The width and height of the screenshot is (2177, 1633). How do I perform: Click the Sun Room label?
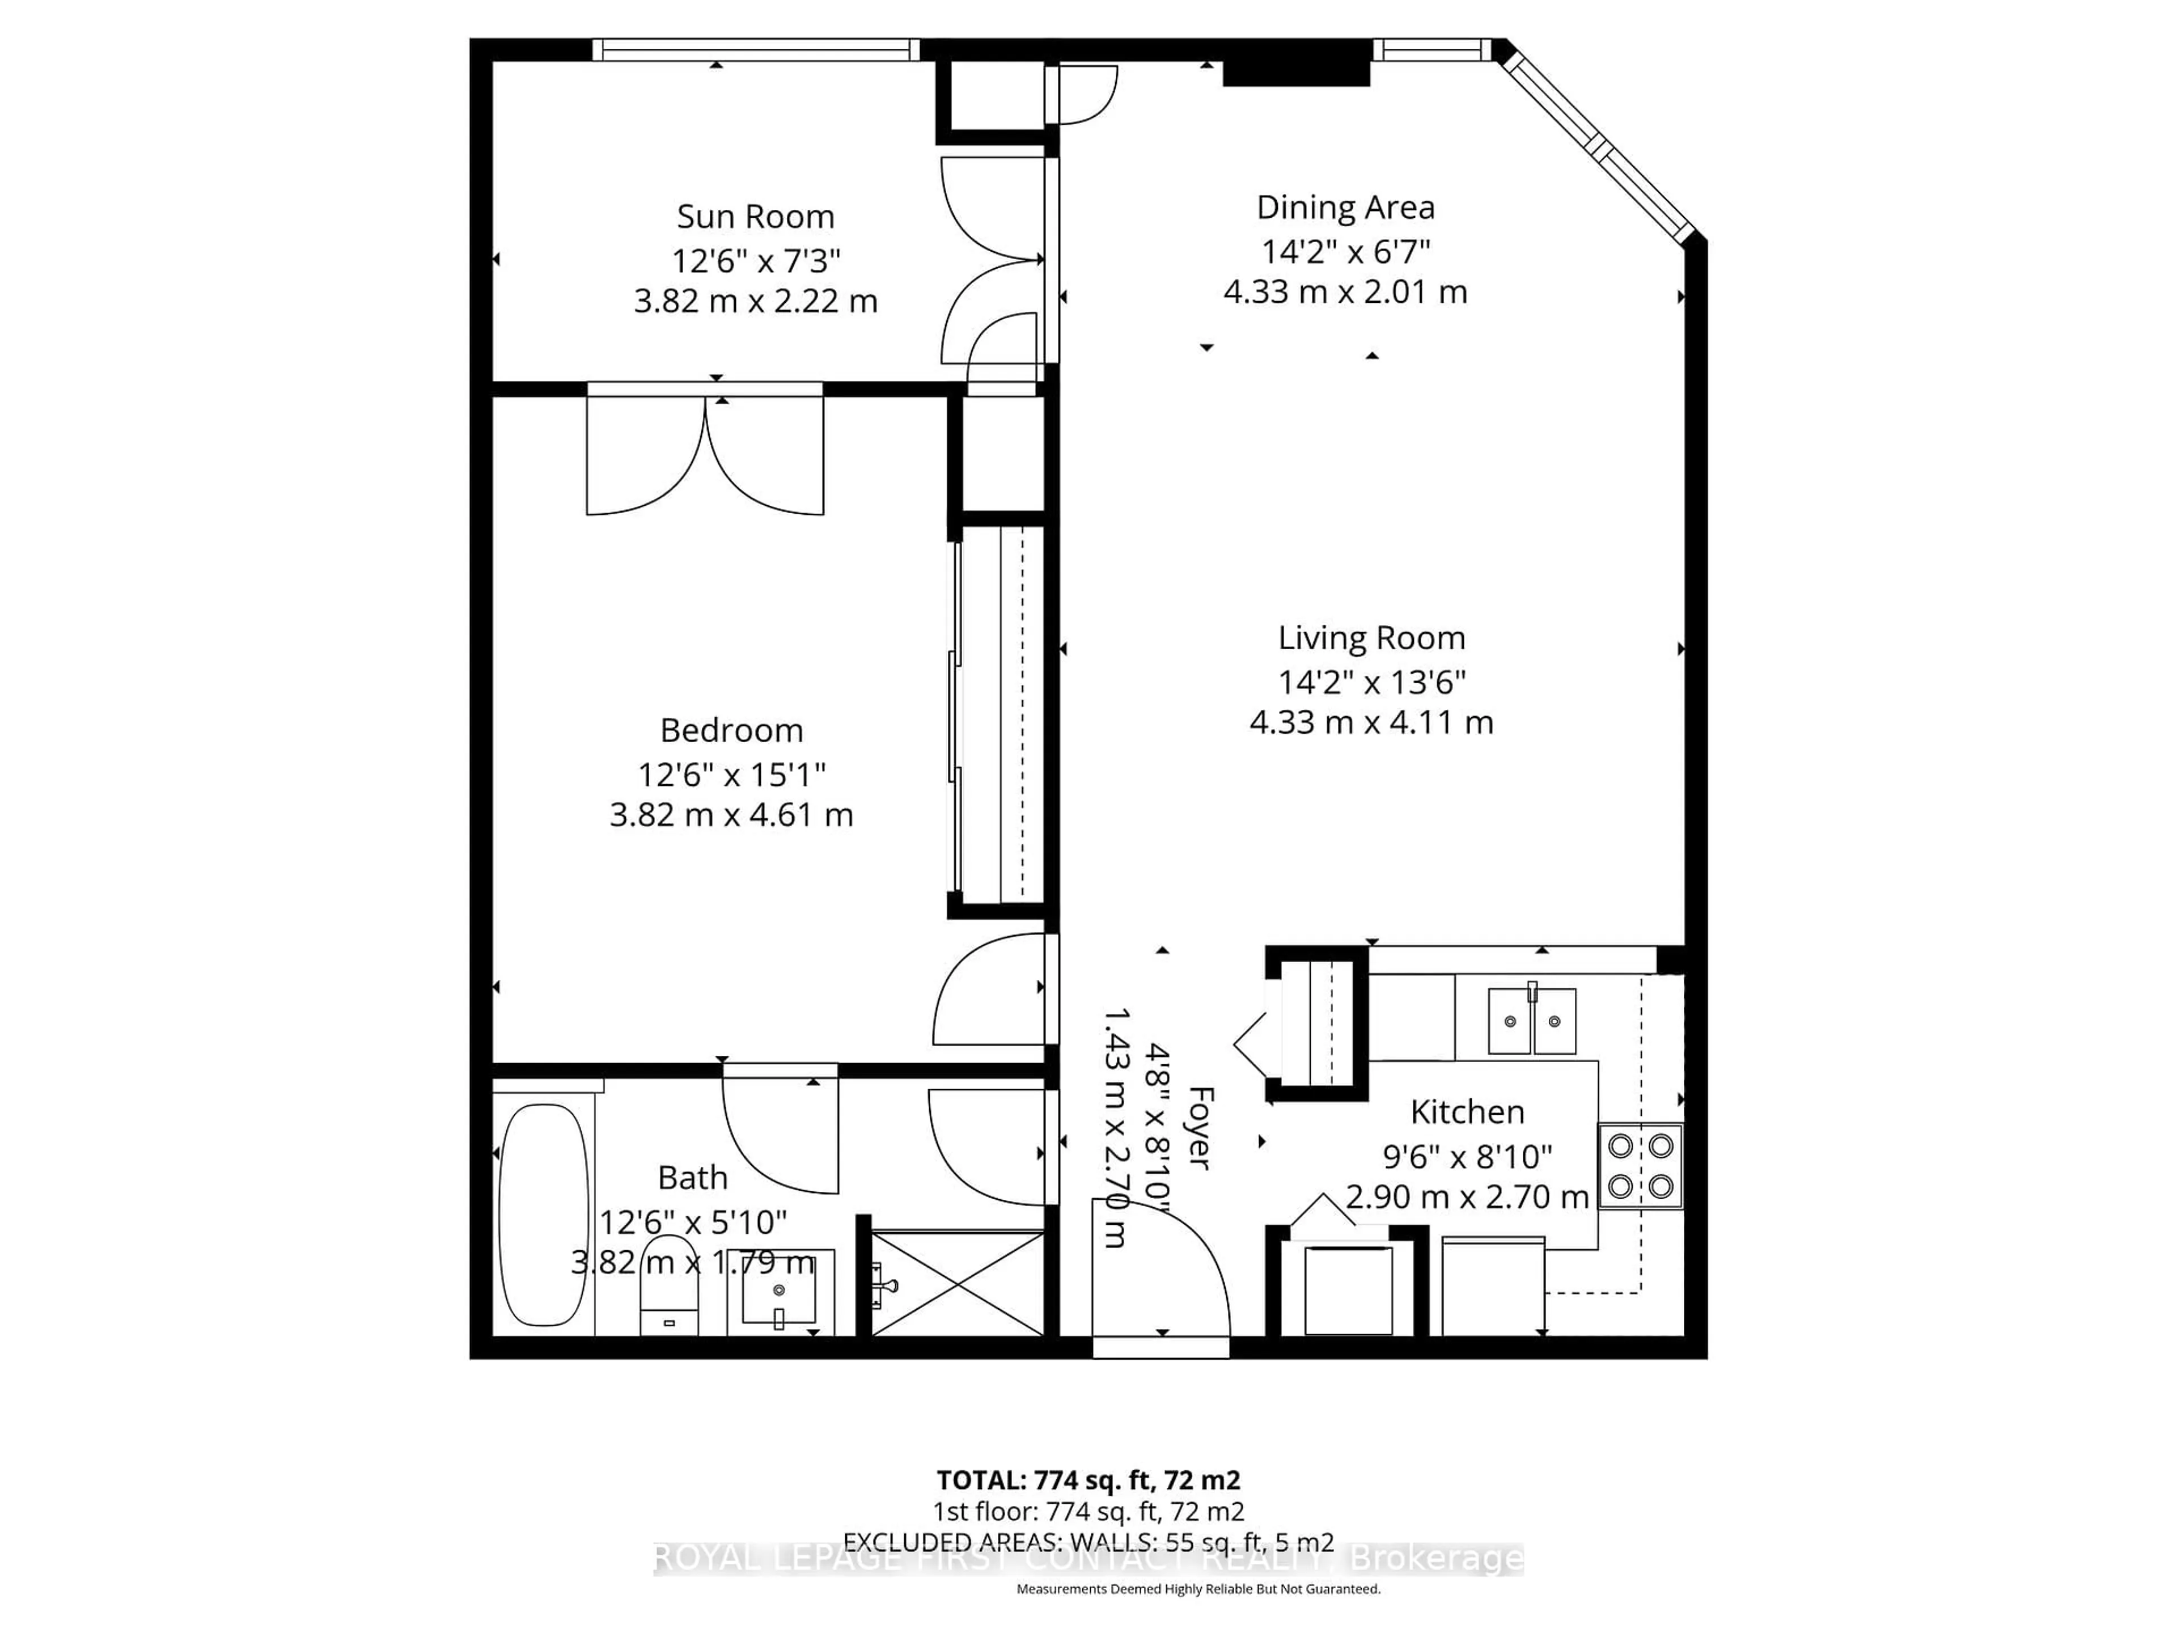tap(755, 217)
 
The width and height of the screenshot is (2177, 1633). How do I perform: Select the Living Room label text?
tap(1371, 638)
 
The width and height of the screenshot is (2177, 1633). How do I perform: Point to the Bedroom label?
tap(731, 730)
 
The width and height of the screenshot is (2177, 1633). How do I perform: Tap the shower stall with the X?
tap(958, 1284)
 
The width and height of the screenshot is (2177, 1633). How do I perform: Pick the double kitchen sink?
tap(1531, 1021)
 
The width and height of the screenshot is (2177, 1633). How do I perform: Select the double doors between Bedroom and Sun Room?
tap(705, 453)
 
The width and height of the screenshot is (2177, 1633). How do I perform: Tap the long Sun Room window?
tap(755, 49)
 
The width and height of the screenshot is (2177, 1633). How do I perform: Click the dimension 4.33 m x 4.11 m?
tap(1371, 722)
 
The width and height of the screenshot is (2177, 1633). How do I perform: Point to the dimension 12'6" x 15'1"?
tap(731, 775)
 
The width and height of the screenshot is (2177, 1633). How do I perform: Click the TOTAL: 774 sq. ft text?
tap(1087, 1479)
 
